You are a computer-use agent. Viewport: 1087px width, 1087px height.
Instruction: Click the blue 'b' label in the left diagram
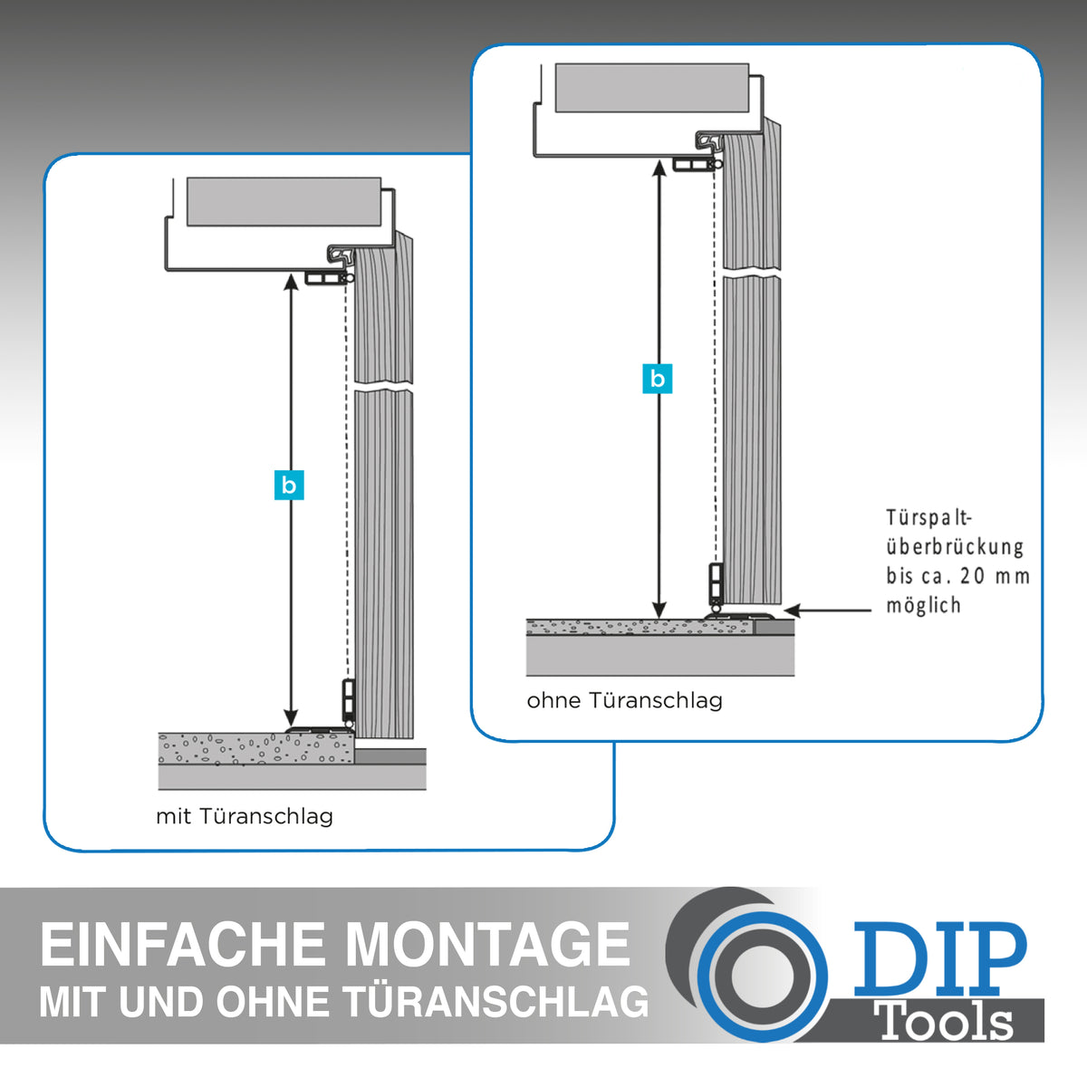tap(289, 486)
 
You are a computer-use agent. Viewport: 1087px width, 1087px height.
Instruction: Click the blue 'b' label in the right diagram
tap(657, 379)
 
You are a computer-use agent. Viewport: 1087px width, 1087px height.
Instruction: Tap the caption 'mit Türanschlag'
tap(245, 816)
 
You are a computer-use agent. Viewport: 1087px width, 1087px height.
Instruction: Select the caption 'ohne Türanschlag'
tap(624, 700)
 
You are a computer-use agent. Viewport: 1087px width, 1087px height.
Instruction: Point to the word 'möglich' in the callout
tap(923, 605)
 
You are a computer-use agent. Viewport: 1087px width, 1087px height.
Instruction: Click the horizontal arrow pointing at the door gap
tap(828, 611)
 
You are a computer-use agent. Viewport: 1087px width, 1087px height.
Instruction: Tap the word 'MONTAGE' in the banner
tap(487, 944)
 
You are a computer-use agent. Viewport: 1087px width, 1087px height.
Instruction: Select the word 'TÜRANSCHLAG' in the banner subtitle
tap(497, 1002)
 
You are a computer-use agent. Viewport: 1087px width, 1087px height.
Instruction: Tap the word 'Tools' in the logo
tap(946, 1021)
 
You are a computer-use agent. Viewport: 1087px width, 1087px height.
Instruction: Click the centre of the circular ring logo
tap(762, 976)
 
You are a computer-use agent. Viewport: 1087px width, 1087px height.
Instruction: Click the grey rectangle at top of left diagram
tap(284, 202)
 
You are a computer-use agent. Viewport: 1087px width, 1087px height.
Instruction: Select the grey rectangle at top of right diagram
tap(652, 88)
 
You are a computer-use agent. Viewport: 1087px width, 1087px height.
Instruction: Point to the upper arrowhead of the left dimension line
tap(291, 282)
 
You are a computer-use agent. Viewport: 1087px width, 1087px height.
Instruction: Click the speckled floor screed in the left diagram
tap(256, 748)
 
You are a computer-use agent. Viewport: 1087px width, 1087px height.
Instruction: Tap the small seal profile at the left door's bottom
tap(349, 704)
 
